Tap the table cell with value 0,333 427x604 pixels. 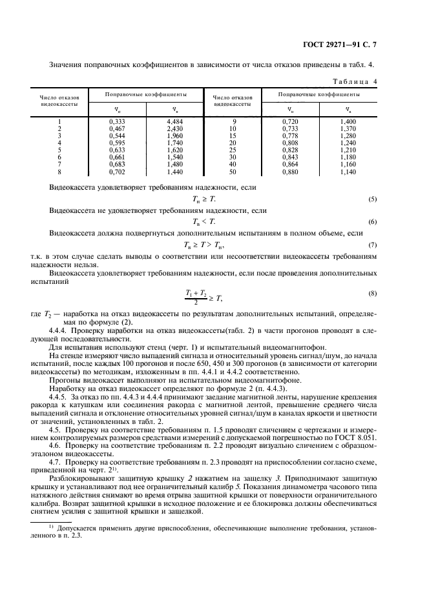(116, 121)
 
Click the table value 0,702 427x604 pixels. (116, 173)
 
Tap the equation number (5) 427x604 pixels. (372, 199)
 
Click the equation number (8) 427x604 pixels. (372, 294)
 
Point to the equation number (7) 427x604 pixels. (372, 245)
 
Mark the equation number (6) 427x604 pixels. (372, 221)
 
